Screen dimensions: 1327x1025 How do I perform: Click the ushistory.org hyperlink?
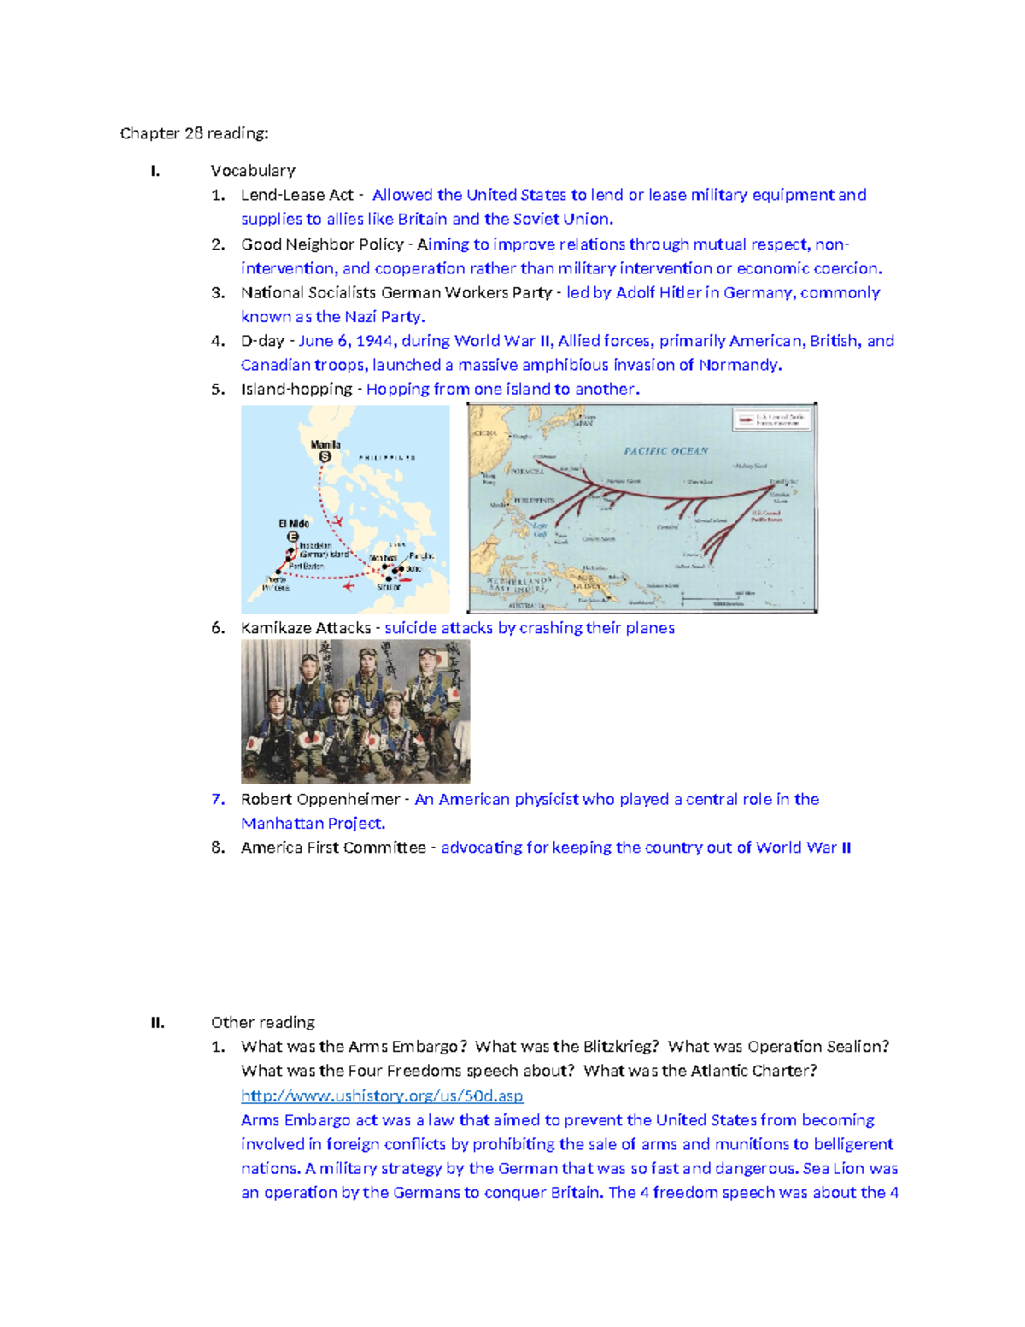382,1095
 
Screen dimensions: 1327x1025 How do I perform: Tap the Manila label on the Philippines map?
325,444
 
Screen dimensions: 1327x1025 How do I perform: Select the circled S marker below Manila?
325,457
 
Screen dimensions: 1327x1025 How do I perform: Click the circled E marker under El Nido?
293,537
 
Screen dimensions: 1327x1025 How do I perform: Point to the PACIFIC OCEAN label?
665,450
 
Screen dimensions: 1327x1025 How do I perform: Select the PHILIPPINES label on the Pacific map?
534,500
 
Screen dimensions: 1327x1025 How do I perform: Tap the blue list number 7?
218,799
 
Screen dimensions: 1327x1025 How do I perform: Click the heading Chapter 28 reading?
194,133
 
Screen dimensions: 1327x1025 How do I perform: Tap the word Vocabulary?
253,171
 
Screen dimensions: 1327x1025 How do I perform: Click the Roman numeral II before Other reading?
157,1023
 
